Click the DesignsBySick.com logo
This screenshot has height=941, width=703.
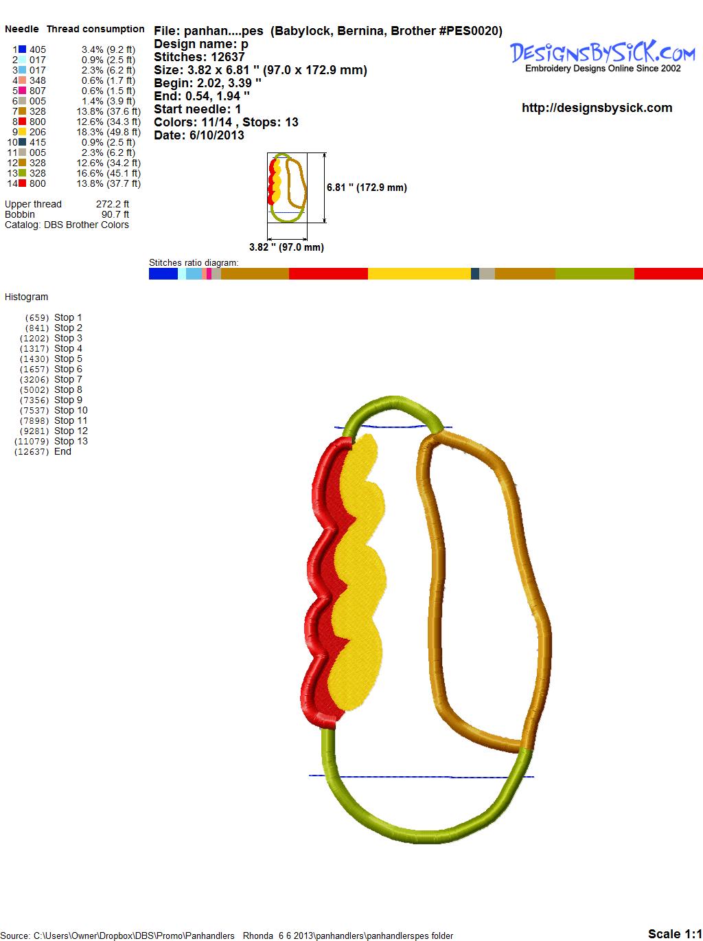point(602,56)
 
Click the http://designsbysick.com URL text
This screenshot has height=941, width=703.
point(597,108)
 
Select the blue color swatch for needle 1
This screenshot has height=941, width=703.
point(23,49)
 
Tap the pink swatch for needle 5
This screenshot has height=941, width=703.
point(23,91)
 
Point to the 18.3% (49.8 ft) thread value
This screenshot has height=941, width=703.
point(108,132)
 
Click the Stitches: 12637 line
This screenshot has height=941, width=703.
point(199,57)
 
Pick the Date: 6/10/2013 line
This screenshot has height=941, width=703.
point(199,135)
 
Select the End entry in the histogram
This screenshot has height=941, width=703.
point(43,451)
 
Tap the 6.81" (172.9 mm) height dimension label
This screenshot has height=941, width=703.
point(367,188)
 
